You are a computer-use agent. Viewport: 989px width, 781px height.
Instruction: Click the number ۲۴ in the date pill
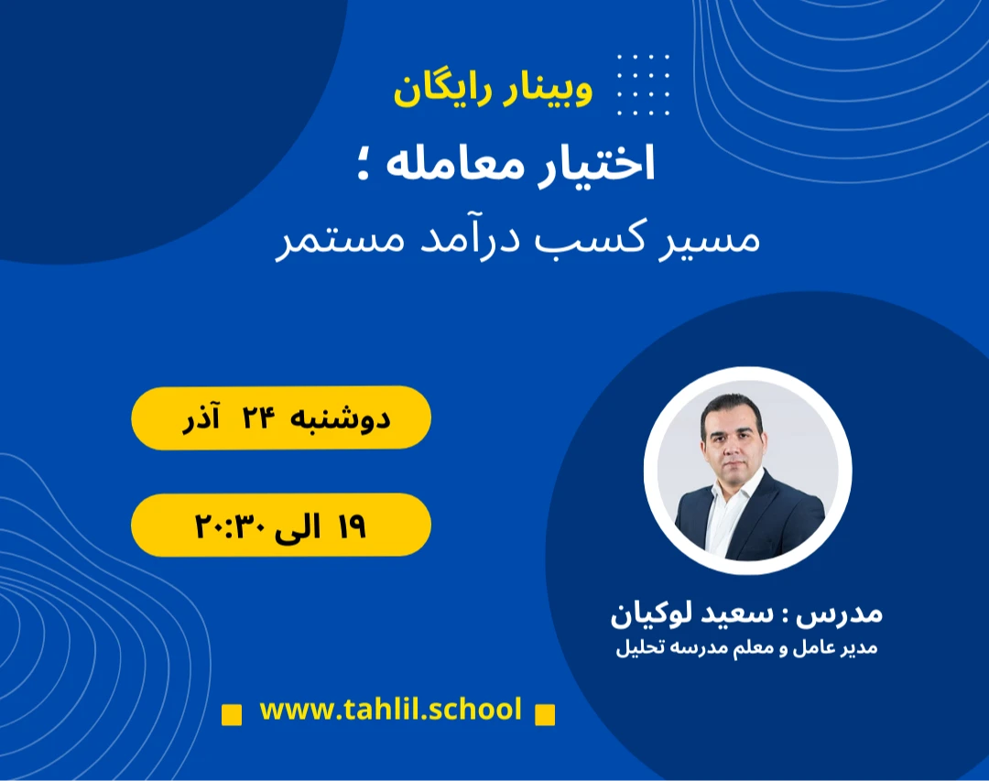pyautogui.click(x=258, y=418)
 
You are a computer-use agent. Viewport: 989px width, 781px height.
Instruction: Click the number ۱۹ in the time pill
pyautogui.click(x=351, y=526)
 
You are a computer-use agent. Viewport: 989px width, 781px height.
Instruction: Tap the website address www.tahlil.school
pyautogui.click(x=390, y=710)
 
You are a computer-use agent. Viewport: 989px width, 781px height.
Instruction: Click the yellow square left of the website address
pyautogui.click(x=233, y=713)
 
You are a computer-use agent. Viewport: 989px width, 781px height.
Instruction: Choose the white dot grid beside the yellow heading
pyautogui.click(x=643, y=84)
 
